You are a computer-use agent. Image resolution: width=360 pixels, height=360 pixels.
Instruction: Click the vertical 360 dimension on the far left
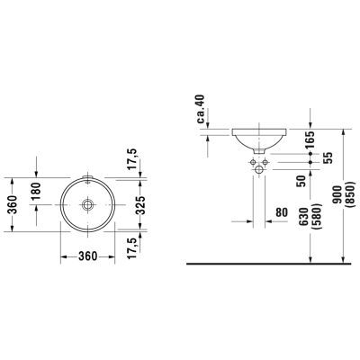[13, 204]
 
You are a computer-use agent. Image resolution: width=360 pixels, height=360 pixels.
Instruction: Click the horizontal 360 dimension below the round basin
[88, 256]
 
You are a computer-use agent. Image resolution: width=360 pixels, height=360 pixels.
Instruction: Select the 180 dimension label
[36, 191]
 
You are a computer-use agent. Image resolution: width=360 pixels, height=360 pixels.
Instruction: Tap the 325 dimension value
[139, 204]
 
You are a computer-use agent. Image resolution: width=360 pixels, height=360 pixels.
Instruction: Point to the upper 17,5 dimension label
[132, 159]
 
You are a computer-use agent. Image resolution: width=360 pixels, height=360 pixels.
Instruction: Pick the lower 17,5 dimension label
[132, 247]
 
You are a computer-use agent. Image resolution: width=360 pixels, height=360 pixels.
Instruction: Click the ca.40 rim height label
[201, 109]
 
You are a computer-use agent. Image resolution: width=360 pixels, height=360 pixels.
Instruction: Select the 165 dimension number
[310, 139]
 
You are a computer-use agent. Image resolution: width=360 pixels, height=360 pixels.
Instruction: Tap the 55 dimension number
[328, 157]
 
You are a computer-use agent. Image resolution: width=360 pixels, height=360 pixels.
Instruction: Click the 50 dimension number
[301, 181]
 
